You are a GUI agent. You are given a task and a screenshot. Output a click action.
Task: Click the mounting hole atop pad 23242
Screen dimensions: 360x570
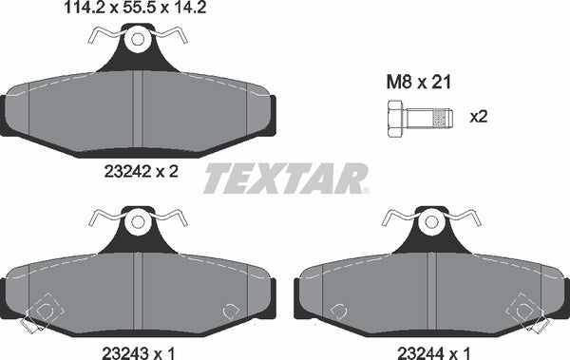click(139, 42)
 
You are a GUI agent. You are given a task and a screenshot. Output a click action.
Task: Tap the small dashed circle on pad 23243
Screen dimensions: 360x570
click(229, 311)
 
